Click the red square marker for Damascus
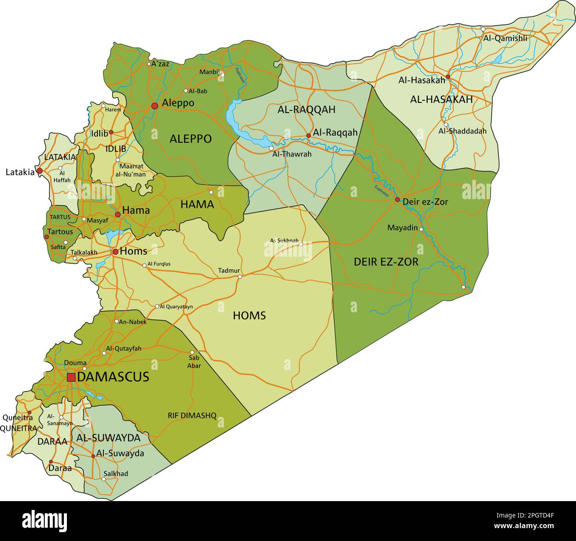(71, 377)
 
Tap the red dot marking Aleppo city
(155, 106)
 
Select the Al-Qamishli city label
(505, 38)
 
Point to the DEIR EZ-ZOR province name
(385, 262)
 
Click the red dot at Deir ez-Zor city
(397, 200)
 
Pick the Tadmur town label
(229, 271)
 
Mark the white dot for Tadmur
(240, 277)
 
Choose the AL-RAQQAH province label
(306, 110)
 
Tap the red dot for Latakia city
(39, 171)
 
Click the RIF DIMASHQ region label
(192, 416)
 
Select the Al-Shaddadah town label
(462, 131)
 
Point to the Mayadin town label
(402, 228)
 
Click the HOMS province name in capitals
(249, 316)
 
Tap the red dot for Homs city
(115, 252)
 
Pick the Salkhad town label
(116, 474)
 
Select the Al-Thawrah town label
(292, 154)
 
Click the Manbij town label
(209, 72)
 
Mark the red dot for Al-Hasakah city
(448, 77)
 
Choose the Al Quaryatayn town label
(176, 306)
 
